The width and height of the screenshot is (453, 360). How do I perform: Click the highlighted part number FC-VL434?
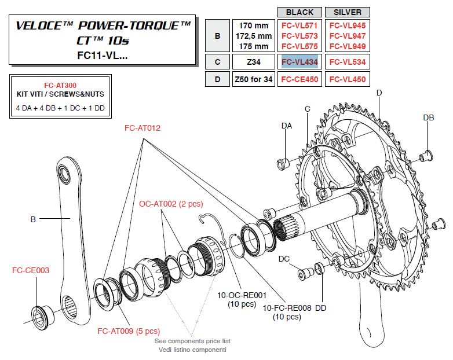pos(299,62)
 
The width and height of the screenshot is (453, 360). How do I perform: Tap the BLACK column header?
pos(299,12)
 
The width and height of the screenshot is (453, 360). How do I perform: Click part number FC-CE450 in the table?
pos(299,79)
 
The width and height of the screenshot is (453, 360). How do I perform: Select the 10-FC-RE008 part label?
pos(282,308)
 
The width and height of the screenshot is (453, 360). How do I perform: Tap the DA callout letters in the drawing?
pos(287,126)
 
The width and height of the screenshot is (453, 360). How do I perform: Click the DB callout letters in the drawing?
pos(428,117)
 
